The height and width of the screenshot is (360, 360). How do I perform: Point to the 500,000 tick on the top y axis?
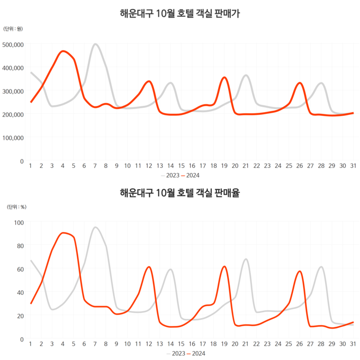pos(13,44)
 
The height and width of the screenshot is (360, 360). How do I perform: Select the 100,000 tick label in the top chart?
pos(13,138)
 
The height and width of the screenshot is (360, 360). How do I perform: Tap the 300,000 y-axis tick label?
pos(13,91)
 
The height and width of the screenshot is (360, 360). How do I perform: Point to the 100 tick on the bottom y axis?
pos(18,222)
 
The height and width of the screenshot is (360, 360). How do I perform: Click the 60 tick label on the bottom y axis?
pos(20,269)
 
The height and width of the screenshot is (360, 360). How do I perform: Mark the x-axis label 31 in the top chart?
pos(353,166)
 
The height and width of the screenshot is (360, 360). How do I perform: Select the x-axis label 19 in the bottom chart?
pos(224,344)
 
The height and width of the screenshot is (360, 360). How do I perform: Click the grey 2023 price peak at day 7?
pos(95,44)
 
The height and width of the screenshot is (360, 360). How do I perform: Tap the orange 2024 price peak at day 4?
pos(64,51)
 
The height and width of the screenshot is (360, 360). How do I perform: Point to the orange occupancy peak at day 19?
pos(224,266)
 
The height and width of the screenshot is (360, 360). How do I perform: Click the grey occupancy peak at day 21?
pos(246,259)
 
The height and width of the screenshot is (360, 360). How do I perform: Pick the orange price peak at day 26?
pos(300,83)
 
